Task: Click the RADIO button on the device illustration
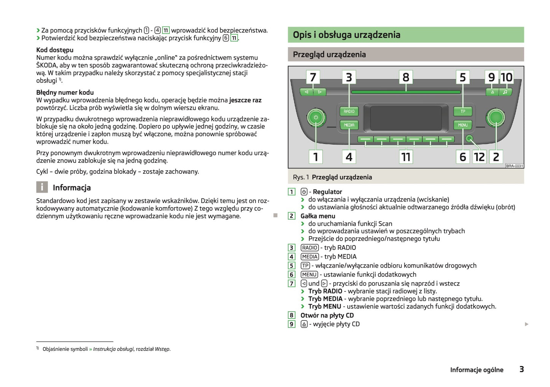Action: [x=349, y=111]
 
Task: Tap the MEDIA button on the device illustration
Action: [x=349, y=125]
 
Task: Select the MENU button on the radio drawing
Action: [x=462, y=125]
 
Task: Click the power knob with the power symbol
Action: [x=316, y=117]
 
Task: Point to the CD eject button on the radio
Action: [x=492, y=92]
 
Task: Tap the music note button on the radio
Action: [x=505, y=92]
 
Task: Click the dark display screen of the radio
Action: [x=406, y=118]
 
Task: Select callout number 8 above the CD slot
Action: [x=406, y=77]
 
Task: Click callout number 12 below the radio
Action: [x=479, y=157]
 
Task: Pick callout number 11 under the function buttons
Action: [x=406, y=157]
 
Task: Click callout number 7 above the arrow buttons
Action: [x=313, y=77]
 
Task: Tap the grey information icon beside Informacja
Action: [x=42, y=187]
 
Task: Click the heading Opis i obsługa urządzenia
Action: [x=346, y=35]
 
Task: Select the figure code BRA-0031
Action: [x=514, y=166]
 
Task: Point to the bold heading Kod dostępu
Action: [x=55, y=50]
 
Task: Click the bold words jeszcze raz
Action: [x=245, y=100]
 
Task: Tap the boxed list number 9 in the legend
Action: [x=292, y=324]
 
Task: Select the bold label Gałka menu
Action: [x=318, y=216]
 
